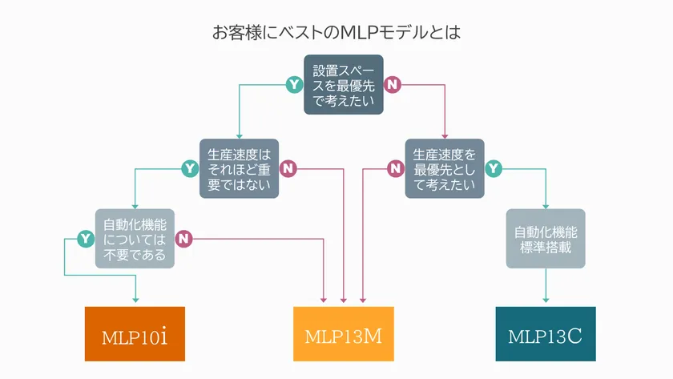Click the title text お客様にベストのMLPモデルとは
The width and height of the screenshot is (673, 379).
point(336,33)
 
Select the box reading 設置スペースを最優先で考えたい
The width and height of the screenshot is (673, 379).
point(344,84)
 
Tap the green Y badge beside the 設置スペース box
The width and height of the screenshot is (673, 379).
point(295,84)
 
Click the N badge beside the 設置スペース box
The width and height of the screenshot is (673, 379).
point(393,84)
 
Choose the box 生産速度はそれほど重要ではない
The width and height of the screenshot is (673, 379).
point(239,168)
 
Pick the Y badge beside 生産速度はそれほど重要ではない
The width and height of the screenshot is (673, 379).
point(190,168)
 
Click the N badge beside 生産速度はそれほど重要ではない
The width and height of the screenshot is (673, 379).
point(288,168)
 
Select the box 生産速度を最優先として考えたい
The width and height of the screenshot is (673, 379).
point(445,168)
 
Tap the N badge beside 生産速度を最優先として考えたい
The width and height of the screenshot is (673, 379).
point(395,168)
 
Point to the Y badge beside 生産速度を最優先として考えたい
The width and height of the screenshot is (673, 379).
point(494,168)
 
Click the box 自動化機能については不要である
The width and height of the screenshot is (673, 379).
point(135,238)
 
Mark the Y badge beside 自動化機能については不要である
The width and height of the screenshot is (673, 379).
point(86,238)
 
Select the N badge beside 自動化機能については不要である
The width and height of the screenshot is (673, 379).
point(184,238)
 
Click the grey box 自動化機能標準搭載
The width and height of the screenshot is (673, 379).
point(546,238)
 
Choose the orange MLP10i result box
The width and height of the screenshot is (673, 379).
point(135,334)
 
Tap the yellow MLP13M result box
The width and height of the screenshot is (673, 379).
point(344,334)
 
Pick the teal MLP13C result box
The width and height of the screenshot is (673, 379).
point(546,334)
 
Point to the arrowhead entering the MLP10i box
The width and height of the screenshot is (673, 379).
point(135,301)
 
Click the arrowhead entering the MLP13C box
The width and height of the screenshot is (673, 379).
point(546,301)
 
